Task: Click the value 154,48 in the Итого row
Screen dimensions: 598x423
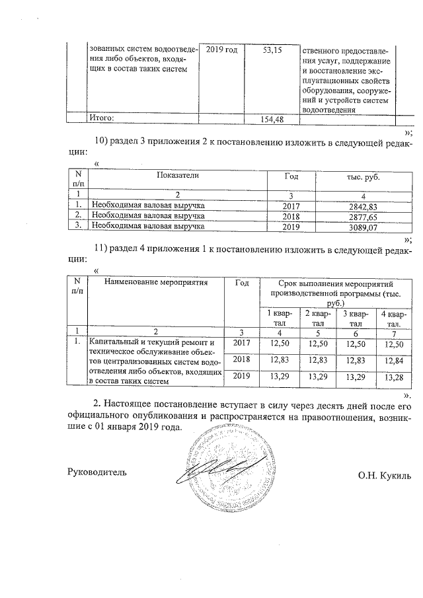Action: click(x=273, y=118)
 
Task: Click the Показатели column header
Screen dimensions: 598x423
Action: click(x=178, y=176)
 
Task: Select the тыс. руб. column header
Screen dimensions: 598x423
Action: click(x=364, y=177)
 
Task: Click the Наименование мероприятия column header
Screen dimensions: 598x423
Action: click(x=155, y=282)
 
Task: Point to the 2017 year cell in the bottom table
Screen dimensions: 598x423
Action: click(x=243, y=342)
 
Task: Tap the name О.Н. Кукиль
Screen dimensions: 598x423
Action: click(x=385, y=474)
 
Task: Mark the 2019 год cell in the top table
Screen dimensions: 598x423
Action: click(x=221, y=50)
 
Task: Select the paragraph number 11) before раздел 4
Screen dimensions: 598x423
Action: click(x=101, y=248)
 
